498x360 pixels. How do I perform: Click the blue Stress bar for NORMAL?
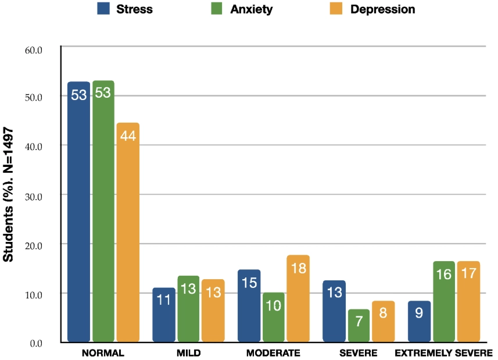[x=78, y=212]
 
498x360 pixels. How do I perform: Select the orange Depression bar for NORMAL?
[x=128, y=233]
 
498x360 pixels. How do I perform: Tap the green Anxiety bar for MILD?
[x=188, y=309]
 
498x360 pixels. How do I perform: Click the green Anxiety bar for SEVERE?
[x=358, y=326]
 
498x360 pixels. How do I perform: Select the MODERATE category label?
[x=273, y=353]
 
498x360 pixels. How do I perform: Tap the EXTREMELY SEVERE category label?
[x=443, y=353]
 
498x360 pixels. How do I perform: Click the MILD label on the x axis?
[x=188, y=353]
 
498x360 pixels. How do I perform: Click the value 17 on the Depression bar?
[x=468, y=274]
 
